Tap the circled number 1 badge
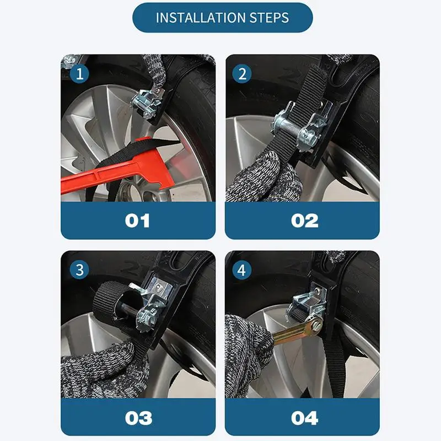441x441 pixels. [x=79, y=74]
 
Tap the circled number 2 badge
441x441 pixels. [x=242, y=74]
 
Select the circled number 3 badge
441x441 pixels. [x=79, y=270]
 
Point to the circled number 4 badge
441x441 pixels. [x=242, y=270]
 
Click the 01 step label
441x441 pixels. [x=137, y=221]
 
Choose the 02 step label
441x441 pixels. [x=305, y=221]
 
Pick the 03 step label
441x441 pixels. [x=139, y=418]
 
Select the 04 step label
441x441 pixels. [x=305, y=418]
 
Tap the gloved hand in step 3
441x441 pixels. [x=105, y=370]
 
